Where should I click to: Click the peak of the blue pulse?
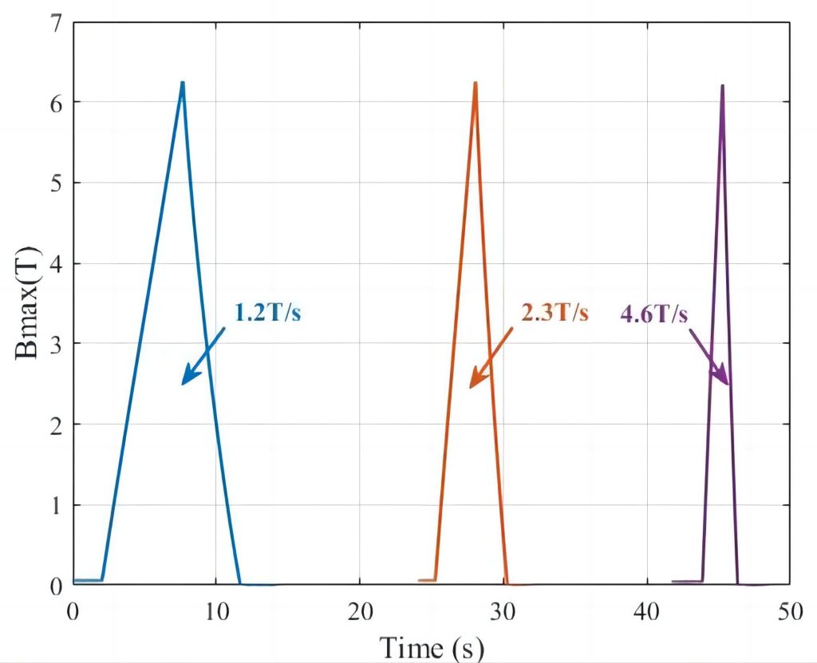[183, 83]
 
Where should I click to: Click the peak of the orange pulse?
[476, 83]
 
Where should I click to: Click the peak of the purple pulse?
[722, 85]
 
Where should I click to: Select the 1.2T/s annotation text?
[268, 313]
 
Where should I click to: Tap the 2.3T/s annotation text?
[555, 313]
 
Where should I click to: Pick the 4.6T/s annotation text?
[653, 314]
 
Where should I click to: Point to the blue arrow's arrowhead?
[184, 381]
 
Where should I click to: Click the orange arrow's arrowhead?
[472, 385]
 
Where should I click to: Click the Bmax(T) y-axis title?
[30, 304]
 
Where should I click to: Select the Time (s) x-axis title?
[431, 646]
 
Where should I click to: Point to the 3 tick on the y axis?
[56, 344]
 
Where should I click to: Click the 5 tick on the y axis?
[56, 183]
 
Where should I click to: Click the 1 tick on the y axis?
[56, 505]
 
